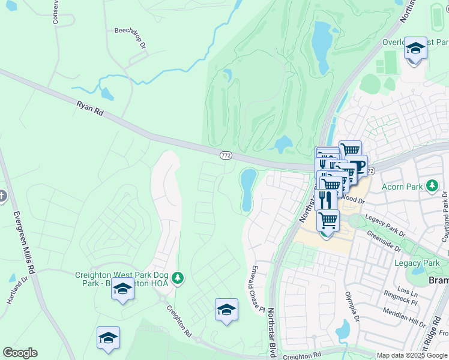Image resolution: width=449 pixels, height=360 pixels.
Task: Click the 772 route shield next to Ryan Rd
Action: (x=226, y=155)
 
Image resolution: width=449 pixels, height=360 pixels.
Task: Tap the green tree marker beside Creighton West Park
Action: (x=177, y=278)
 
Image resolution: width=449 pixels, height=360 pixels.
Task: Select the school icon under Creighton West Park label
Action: (x=122, y=289)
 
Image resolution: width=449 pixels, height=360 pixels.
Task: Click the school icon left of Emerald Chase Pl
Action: (x=226, y=310)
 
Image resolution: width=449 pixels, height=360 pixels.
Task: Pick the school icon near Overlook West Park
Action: (x=415, y=48)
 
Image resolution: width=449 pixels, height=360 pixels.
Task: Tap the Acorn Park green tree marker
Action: (x=431, y=186)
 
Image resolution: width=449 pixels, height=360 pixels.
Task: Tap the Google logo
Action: (x=20, y=353)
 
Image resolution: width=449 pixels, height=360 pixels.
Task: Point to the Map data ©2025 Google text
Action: (x=411, y=355)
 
